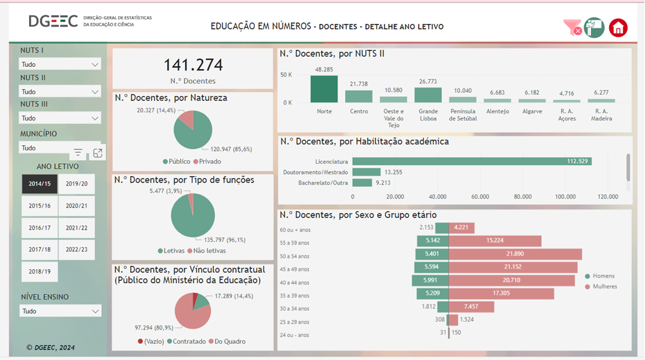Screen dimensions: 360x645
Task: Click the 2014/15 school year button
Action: [x=39, y=184]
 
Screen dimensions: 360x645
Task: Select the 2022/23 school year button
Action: [x=76, y=249]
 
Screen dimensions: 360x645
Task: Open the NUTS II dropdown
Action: [x=60, y=92]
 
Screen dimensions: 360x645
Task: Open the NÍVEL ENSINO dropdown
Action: [x=60, y=311]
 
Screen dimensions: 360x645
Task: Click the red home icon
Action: [x=618, y=27]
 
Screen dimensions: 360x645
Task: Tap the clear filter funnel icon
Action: [x=572, y=27]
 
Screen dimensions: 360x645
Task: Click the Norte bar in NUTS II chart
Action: [x=324, y=89]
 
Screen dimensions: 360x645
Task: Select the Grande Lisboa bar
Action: [x=428, y=95]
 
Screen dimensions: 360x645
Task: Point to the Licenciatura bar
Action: [x=471, y=161]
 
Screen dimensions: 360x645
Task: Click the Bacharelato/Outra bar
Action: [x=362, y=183]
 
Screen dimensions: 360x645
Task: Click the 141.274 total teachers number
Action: [x=193, y=65]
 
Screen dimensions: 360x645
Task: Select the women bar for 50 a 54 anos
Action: [x=515, y=254]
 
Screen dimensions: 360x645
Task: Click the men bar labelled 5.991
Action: [x=430, y=281]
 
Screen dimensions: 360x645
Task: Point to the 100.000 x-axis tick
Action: [x=566, y=197]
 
